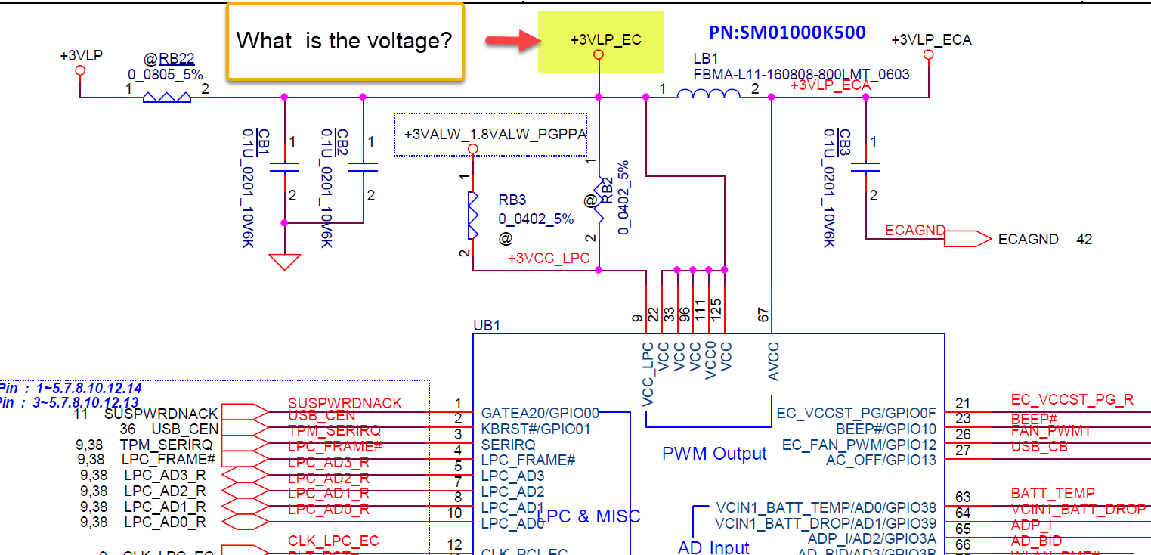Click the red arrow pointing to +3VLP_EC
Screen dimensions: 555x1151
[506, 41]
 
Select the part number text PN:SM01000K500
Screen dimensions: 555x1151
[787, 33]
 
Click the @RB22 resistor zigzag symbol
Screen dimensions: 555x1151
[167, 97]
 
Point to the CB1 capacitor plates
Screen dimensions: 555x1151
[284, 166]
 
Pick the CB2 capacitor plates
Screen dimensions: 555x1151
[363, 166]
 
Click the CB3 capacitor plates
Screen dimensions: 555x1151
[866, 166]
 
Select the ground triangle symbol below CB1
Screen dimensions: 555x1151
[284, 262]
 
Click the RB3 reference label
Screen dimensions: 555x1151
[512, 201]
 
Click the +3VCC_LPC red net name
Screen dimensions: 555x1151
[549, 259]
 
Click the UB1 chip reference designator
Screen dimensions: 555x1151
[487, 325]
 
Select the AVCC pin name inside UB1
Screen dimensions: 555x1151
[773, 361]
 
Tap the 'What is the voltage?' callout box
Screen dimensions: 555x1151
[345, 41]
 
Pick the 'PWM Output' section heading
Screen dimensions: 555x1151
[714, 454]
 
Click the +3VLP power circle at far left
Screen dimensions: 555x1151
[81, 70]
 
